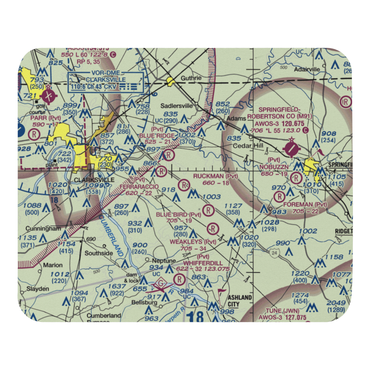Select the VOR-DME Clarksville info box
(x=106, y=82)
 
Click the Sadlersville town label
(x=176, y=105)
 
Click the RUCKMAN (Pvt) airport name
(x=216, y=176)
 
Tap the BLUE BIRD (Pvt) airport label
(x=178, y=215)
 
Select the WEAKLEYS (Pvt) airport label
(x=192, y=242)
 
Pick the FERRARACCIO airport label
(x=139, y=187)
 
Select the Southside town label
(x=99, y=253)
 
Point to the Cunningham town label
(x=43, y=228)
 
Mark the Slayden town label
(x=37, y=289)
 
